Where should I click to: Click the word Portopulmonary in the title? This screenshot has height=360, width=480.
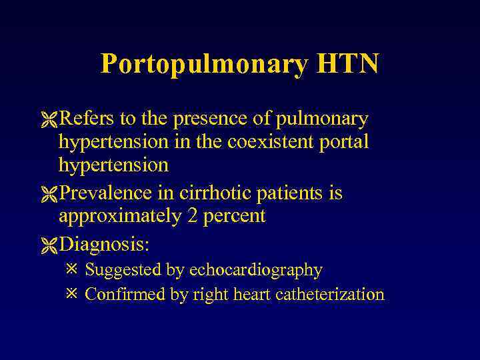point(204,64)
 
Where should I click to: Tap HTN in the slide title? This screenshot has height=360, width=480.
point(348,64)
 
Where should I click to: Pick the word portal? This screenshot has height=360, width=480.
point(345,142)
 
